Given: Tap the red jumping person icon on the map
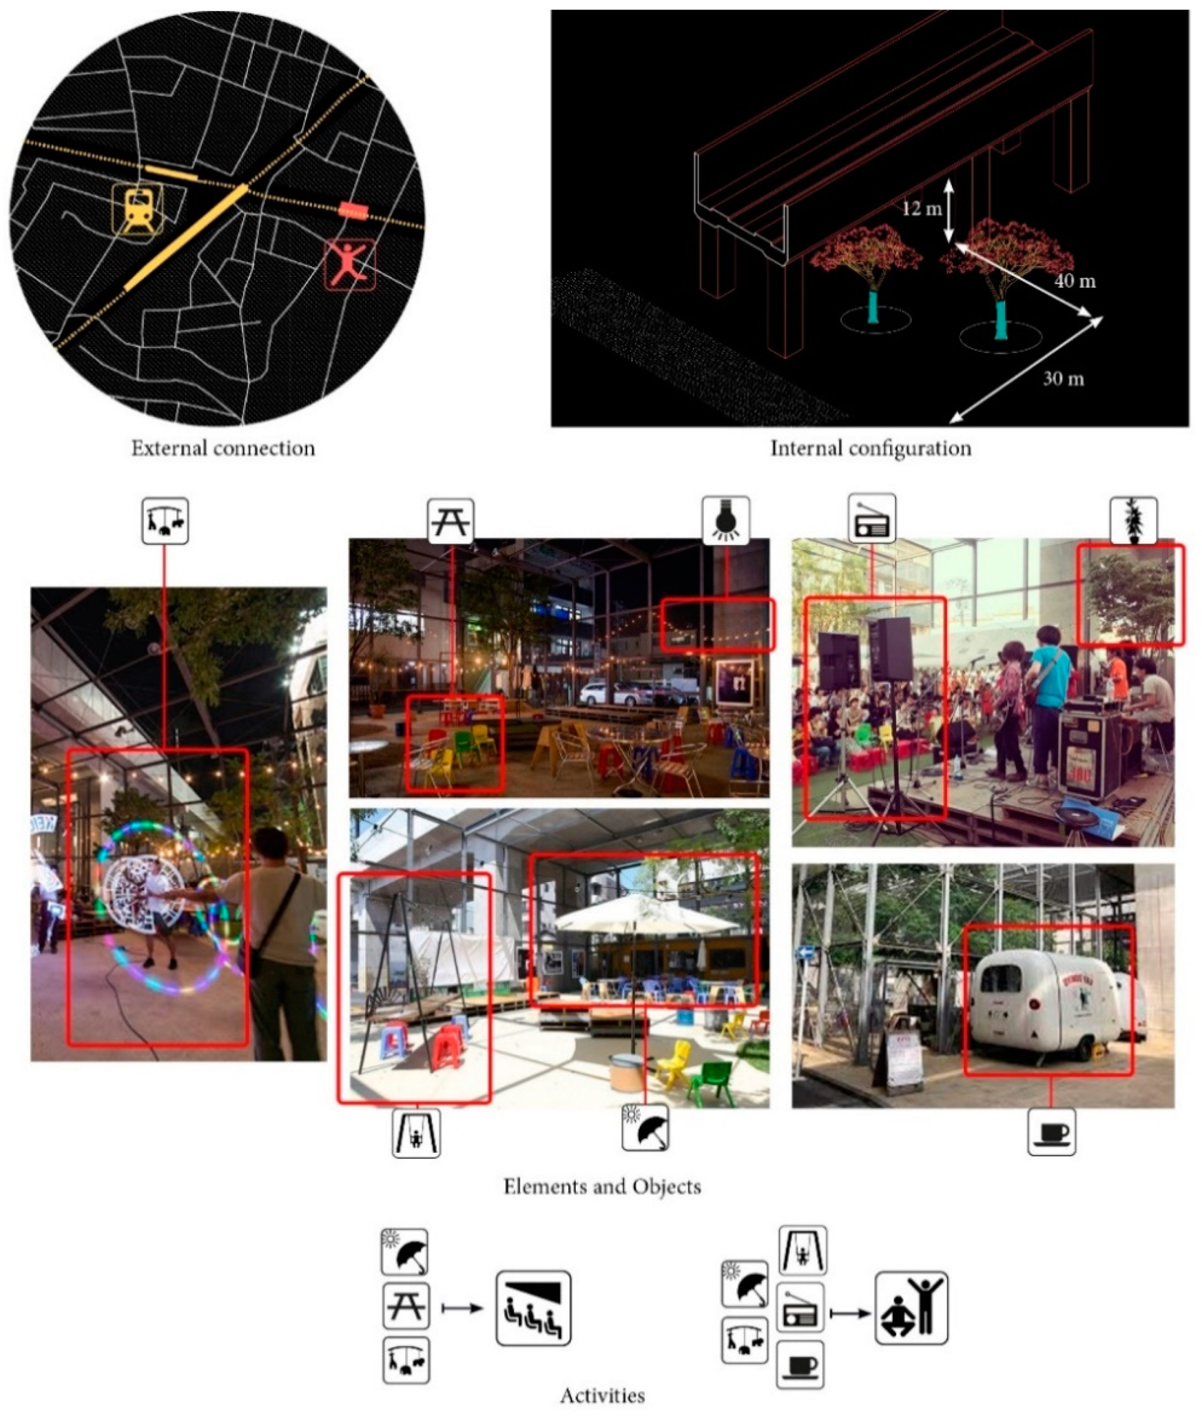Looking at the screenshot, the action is coord(350,265).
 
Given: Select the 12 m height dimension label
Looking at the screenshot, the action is coord(922,208).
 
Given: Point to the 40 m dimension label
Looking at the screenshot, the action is coord(1075,280).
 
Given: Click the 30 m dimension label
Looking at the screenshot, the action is coord(1064,378).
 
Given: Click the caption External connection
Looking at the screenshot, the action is coord(224,448).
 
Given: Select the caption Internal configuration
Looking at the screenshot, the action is coord(871,448).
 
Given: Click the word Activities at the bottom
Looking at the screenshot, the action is coord(602,1396).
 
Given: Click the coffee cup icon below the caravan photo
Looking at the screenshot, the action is coord(1051,1132).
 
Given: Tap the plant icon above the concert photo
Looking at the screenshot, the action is coord(1133,520).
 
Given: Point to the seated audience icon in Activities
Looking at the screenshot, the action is coord(533,1308).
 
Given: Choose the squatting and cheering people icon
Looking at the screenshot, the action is coord(911,1307).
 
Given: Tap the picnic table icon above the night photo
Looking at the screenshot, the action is coord(451,522).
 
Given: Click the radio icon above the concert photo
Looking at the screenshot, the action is coord(872,519).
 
